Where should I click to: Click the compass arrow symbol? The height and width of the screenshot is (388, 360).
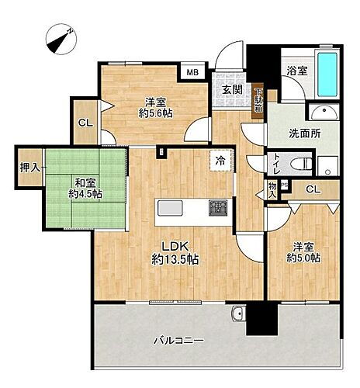59,37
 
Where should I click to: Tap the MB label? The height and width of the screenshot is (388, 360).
191,73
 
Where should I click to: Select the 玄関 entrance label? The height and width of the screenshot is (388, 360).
231,89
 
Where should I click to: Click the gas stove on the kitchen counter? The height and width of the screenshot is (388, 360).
217,208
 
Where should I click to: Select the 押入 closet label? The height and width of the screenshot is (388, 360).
29,167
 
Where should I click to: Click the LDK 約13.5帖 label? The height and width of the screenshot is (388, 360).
175,253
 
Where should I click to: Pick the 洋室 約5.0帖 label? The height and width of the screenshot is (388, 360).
305,252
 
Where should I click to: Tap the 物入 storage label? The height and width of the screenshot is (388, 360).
272,189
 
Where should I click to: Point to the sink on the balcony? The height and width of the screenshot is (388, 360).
238,314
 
